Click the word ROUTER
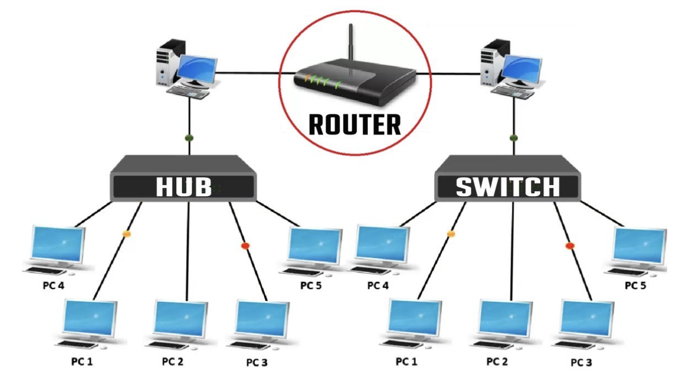[354, 125]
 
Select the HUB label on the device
[184, 187]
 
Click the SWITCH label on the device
[507, 187]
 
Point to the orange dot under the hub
[126, 234]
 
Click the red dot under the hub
[245, 246]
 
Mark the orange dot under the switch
[451, 234]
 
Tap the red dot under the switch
[569, 246]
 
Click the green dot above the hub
[189, 137]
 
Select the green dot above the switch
[514, 137]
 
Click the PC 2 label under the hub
[173, 362]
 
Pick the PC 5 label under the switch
[635, 286]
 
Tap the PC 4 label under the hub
[53, 286]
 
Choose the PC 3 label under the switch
[581, 363]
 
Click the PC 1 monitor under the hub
[90, 319]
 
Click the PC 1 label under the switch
[407, 362]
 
